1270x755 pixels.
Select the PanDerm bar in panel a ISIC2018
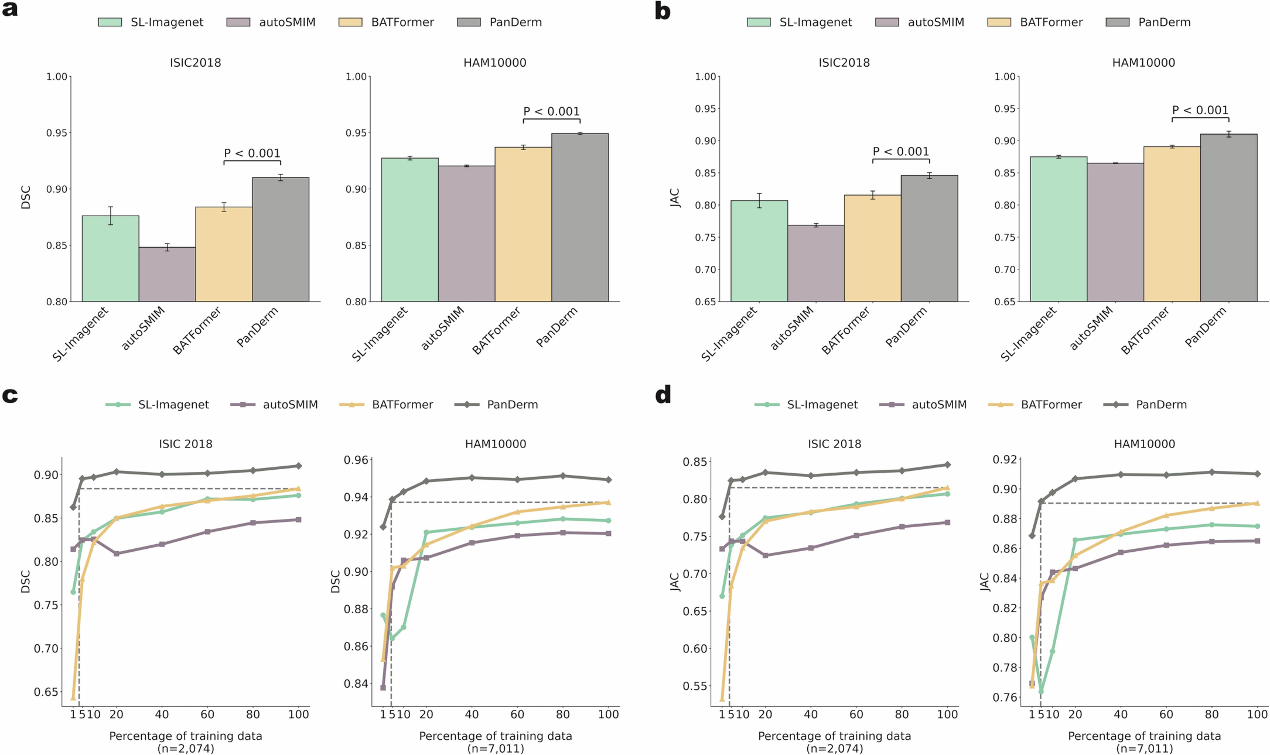point(280,239)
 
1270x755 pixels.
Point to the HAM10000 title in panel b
point(1143,62)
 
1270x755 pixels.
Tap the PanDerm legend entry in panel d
point(1161,404)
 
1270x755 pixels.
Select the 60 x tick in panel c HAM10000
point(517,714)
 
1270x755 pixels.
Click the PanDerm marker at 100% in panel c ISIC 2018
point(299,466)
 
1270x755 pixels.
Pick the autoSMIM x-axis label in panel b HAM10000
point(1092,328)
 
